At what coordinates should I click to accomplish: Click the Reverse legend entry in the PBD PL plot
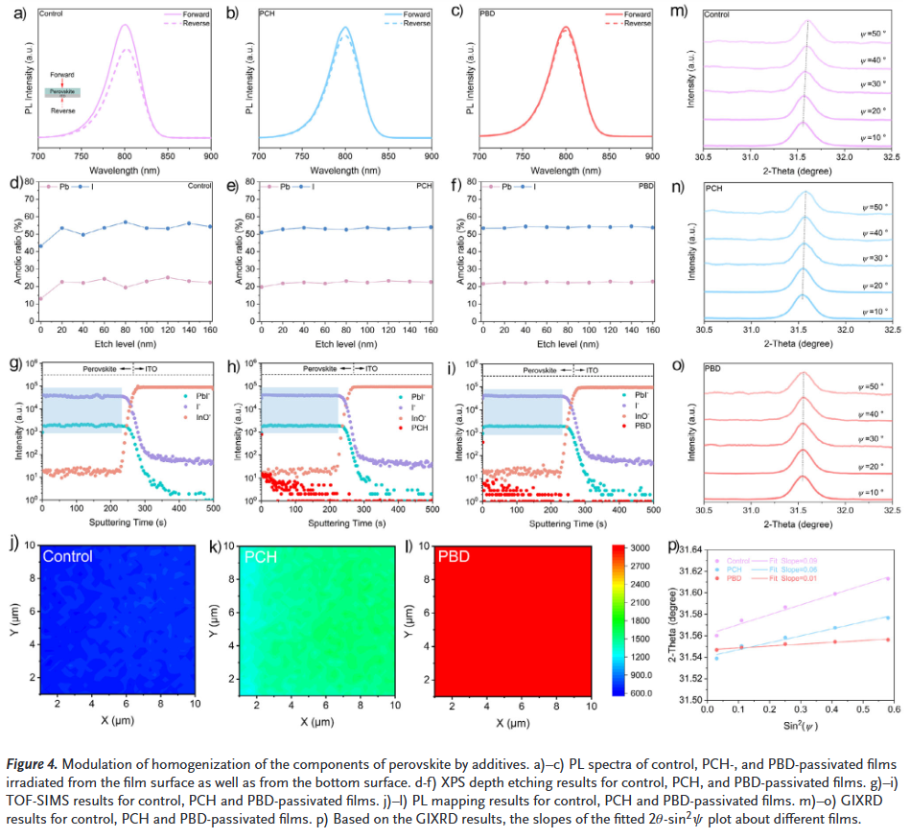(x=635, y=23)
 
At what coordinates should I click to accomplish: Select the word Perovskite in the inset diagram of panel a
(x=62, y=92)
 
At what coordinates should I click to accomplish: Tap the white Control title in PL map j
(x=68, y=556)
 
